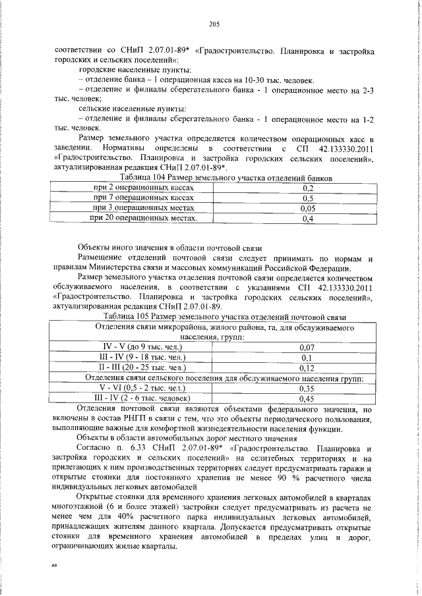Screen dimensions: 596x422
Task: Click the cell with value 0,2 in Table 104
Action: (307, 188)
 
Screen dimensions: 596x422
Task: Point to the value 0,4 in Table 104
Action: (307, 218)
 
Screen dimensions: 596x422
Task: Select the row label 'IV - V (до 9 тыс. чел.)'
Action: (143, 346)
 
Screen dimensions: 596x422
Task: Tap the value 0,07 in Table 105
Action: (307, 346)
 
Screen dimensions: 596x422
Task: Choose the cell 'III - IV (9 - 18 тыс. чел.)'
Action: (143, 356)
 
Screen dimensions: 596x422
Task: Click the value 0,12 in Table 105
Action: (307, 367)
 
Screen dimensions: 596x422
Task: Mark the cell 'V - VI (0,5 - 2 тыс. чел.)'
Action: (143, 388)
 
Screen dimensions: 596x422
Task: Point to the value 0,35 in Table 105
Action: (307, 389)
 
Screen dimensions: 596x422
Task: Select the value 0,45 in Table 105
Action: (307, 398)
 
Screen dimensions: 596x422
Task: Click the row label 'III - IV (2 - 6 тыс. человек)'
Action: (143, 398)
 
